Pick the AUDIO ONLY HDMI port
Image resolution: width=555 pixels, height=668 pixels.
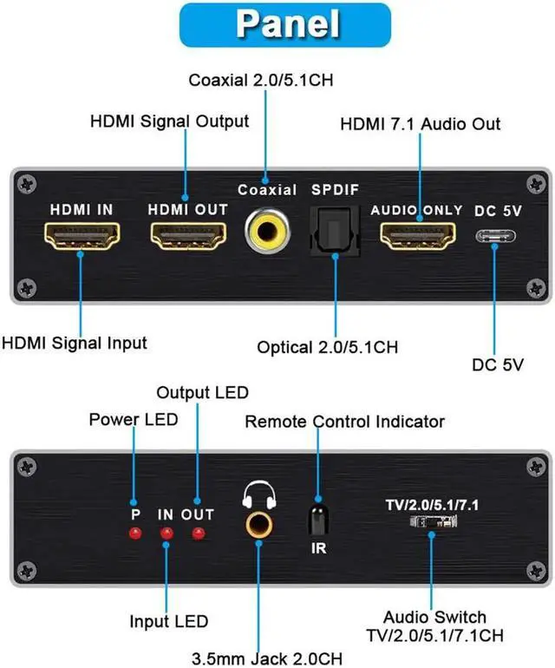click(x=419, y=236)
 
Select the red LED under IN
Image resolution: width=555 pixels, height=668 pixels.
click(x=166, y=533)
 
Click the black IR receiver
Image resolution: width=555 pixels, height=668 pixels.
click(x=318, y=520)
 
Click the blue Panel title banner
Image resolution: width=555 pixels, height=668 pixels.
click(x=277, y=24)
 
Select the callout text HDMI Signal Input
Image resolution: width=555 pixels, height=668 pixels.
click(x=74, y=343)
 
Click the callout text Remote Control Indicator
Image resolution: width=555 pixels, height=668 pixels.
click(x=344, y=422)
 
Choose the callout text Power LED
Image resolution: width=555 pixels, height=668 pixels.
click(x=134, y=420)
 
